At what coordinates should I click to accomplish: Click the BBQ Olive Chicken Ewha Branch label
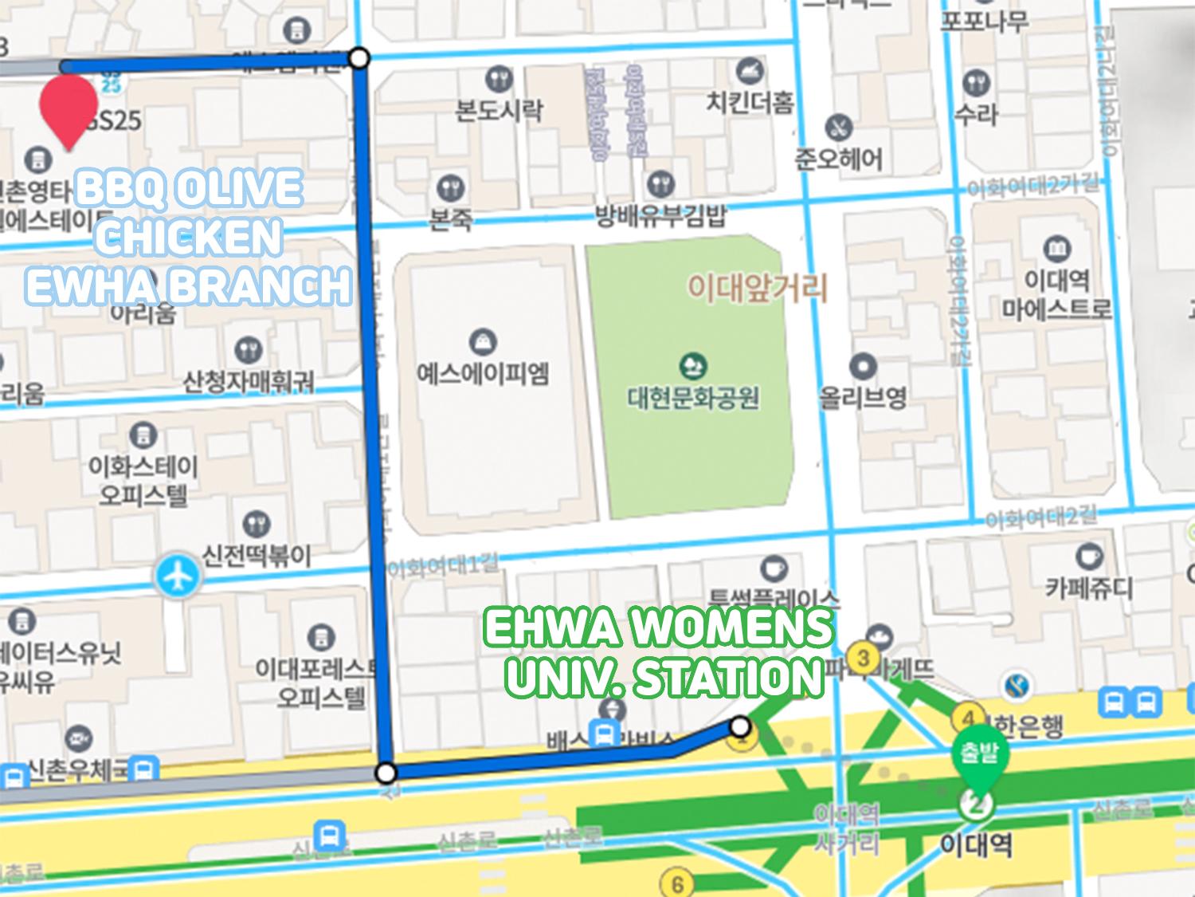click(188, 237)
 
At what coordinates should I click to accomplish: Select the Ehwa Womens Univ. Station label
click(658, 652)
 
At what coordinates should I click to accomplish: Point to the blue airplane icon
click(176, 576)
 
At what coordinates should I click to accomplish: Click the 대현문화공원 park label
click(692, 396)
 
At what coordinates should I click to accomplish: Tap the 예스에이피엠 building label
click(483, 372)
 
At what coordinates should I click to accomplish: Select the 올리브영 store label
click(863, 396)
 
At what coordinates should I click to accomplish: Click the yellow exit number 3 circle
click(863, 659)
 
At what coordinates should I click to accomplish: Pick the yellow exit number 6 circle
click(677, 883)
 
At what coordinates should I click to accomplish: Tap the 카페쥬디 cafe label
click(1088, 588)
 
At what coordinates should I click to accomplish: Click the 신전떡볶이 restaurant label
click(255, 555)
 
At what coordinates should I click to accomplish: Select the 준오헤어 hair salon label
click(838, 159)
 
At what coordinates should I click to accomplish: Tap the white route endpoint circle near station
click(740, 726)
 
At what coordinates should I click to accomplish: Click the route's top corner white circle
click(359, 57)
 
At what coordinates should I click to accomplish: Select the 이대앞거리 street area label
click(758, 287)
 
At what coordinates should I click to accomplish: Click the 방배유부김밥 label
click(660, 216)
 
